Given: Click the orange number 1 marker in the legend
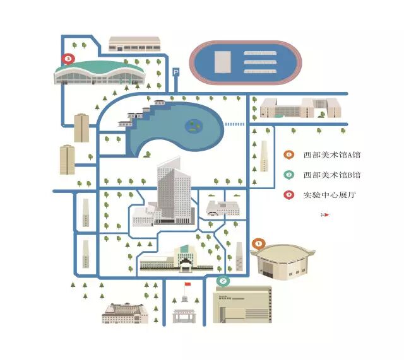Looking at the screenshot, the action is pos(288,154).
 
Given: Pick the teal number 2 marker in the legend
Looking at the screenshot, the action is pos(288,175).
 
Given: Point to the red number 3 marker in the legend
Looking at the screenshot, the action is pos(288,195).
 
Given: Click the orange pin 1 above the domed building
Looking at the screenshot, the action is pos(258,243).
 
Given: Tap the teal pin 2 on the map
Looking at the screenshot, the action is pos(222,281).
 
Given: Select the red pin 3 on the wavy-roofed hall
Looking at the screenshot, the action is pos(68,59).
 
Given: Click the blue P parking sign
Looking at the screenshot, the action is pos(176,73).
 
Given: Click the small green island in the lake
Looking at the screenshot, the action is pos(193,127).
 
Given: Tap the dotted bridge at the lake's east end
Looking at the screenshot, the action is pos(235,124).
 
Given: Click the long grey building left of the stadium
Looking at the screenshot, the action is pos(134,44).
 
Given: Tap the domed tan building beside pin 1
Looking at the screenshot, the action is pos(282,262).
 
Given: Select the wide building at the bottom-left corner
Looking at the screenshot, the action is pos(125,313).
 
